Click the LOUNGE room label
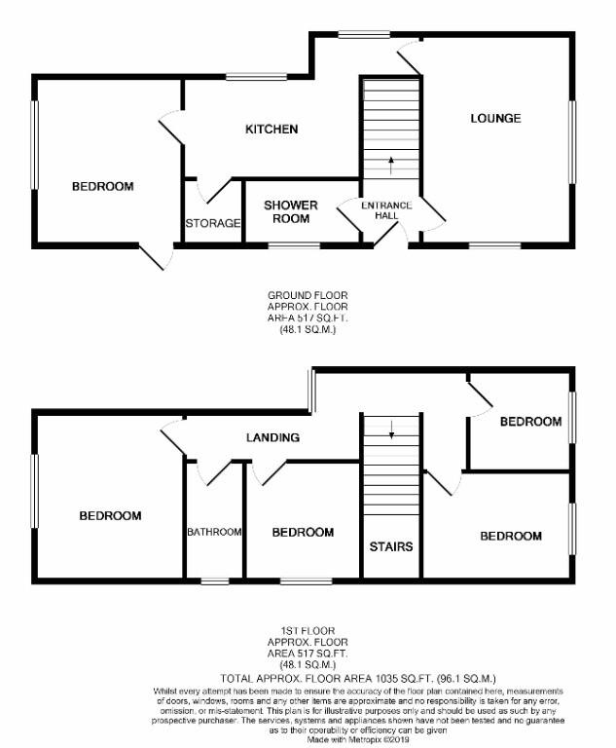coord(495,119)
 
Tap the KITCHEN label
coord(271,130)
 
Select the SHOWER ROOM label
coord(291,211)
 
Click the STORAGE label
coord(213,223)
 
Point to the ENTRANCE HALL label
coord(386,209)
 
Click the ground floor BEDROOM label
coord(102,186)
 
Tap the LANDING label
coord(272,437)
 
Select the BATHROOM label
coord(214,532)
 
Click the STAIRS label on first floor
coord(390,546)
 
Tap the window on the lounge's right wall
coord(572,141)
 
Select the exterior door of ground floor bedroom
coord(156,256)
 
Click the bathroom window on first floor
coord(214,581)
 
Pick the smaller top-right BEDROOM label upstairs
coord(530,422)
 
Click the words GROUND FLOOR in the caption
coord(307,295)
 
